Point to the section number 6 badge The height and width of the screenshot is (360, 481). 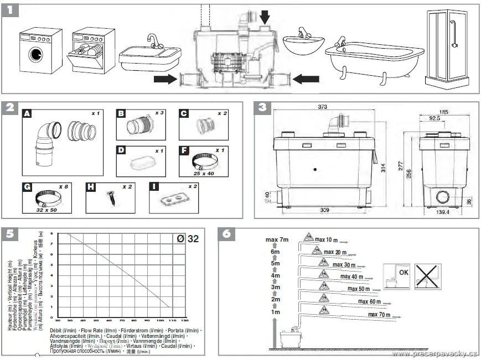click(226, 233)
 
